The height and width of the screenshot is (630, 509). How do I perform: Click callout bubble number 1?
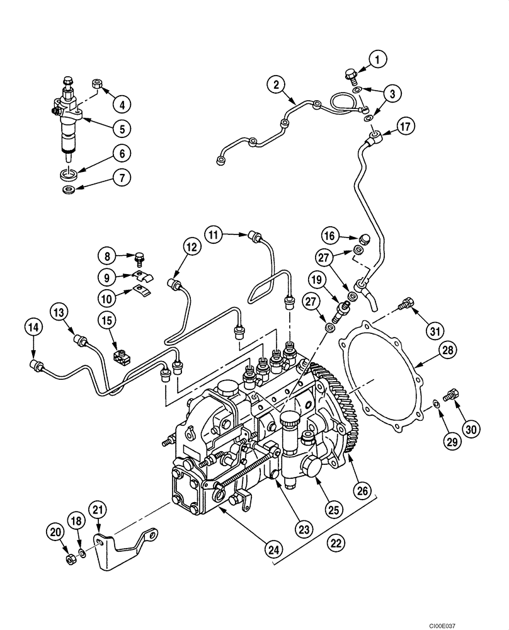click(x=377, y=60)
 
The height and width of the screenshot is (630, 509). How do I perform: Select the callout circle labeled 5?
click(x=122, y=127)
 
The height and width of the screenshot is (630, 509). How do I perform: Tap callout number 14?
click(x=34, y=326)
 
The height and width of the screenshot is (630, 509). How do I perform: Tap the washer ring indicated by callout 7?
click(x=69, y=188)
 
